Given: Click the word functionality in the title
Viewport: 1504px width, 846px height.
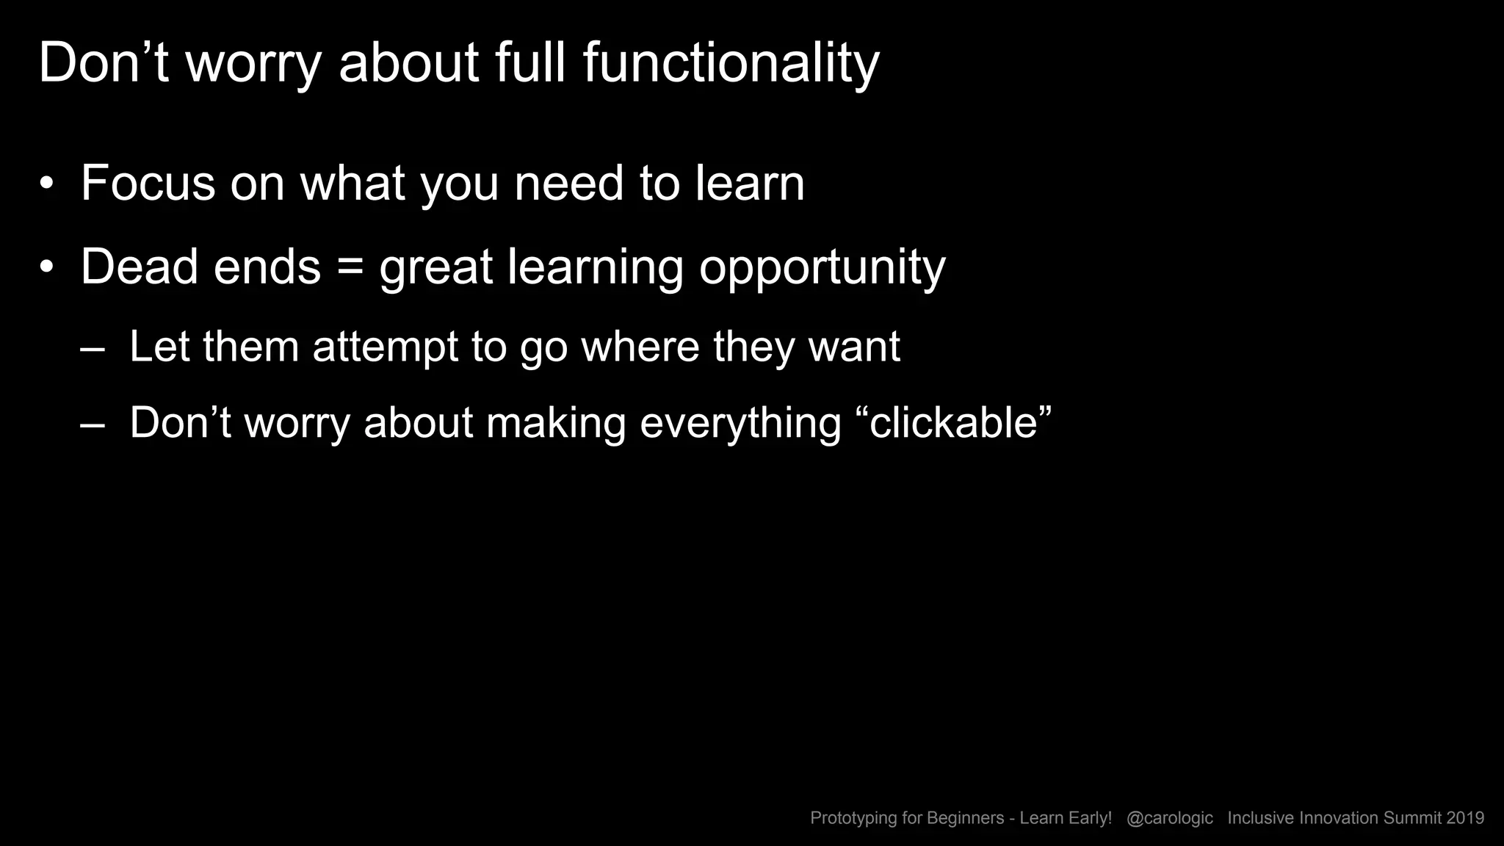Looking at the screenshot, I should pyautogui.click(x=731, y=63).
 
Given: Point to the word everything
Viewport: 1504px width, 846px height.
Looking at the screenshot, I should pyautogui.click(x=740, y=424).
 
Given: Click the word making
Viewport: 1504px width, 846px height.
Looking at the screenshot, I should pyautogui.click(x=555, y=424).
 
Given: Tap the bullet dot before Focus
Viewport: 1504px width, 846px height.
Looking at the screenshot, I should pyautogui.click(x=47, y=184).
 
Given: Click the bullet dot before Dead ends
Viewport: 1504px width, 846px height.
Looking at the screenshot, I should pyautogui.click(x=47, y=267).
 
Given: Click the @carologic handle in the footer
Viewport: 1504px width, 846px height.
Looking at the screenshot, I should pyautogui.click(x=1169, y=818).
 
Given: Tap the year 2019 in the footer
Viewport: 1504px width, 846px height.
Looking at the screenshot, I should pyautogui.click(x=1465, y=818).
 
